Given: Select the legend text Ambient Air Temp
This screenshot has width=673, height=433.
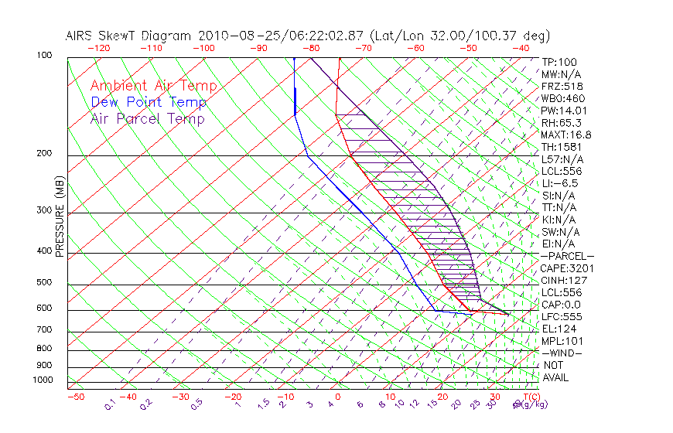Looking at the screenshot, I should pos(153,87).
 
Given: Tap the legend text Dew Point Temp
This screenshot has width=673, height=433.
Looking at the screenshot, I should pos(149,103).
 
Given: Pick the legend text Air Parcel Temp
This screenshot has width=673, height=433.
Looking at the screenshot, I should pos(147,119).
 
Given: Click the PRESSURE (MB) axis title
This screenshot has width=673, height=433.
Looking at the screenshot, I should pos(60,216).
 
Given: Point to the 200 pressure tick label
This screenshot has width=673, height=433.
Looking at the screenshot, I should pos(44,154).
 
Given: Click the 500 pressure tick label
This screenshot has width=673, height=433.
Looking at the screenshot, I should pos(44,283).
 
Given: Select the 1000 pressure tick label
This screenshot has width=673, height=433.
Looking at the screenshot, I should pos(42,380).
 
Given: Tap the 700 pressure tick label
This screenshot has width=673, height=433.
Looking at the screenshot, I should pos(44,330).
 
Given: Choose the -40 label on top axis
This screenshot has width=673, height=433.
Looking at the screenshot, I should pos(521,47).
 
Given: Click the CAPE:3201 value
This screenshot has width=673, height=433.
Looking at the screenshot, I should pos(567,268).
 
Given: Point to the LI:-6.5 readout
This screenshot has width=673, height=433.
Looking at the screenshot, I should pos(559,183).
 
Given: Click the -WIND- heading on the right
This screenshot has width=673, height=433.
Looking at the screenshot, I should pos(562,353).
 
